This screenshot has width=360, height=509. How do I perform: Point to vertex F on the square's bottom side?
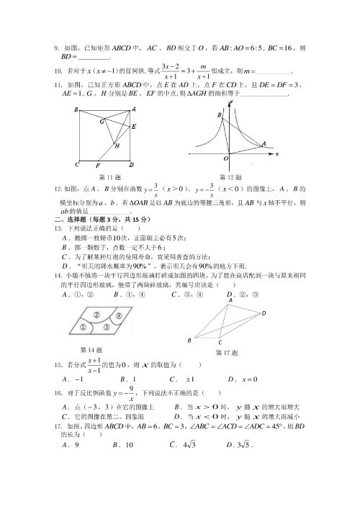click(98, 162)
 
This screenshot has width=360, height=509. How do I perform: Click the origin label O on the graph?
click(225, 158)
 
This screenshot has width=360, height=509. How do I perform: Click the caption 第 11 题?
click(110, 176)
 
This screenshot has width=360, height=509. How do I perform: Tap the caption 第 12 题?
click(231, 176)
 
